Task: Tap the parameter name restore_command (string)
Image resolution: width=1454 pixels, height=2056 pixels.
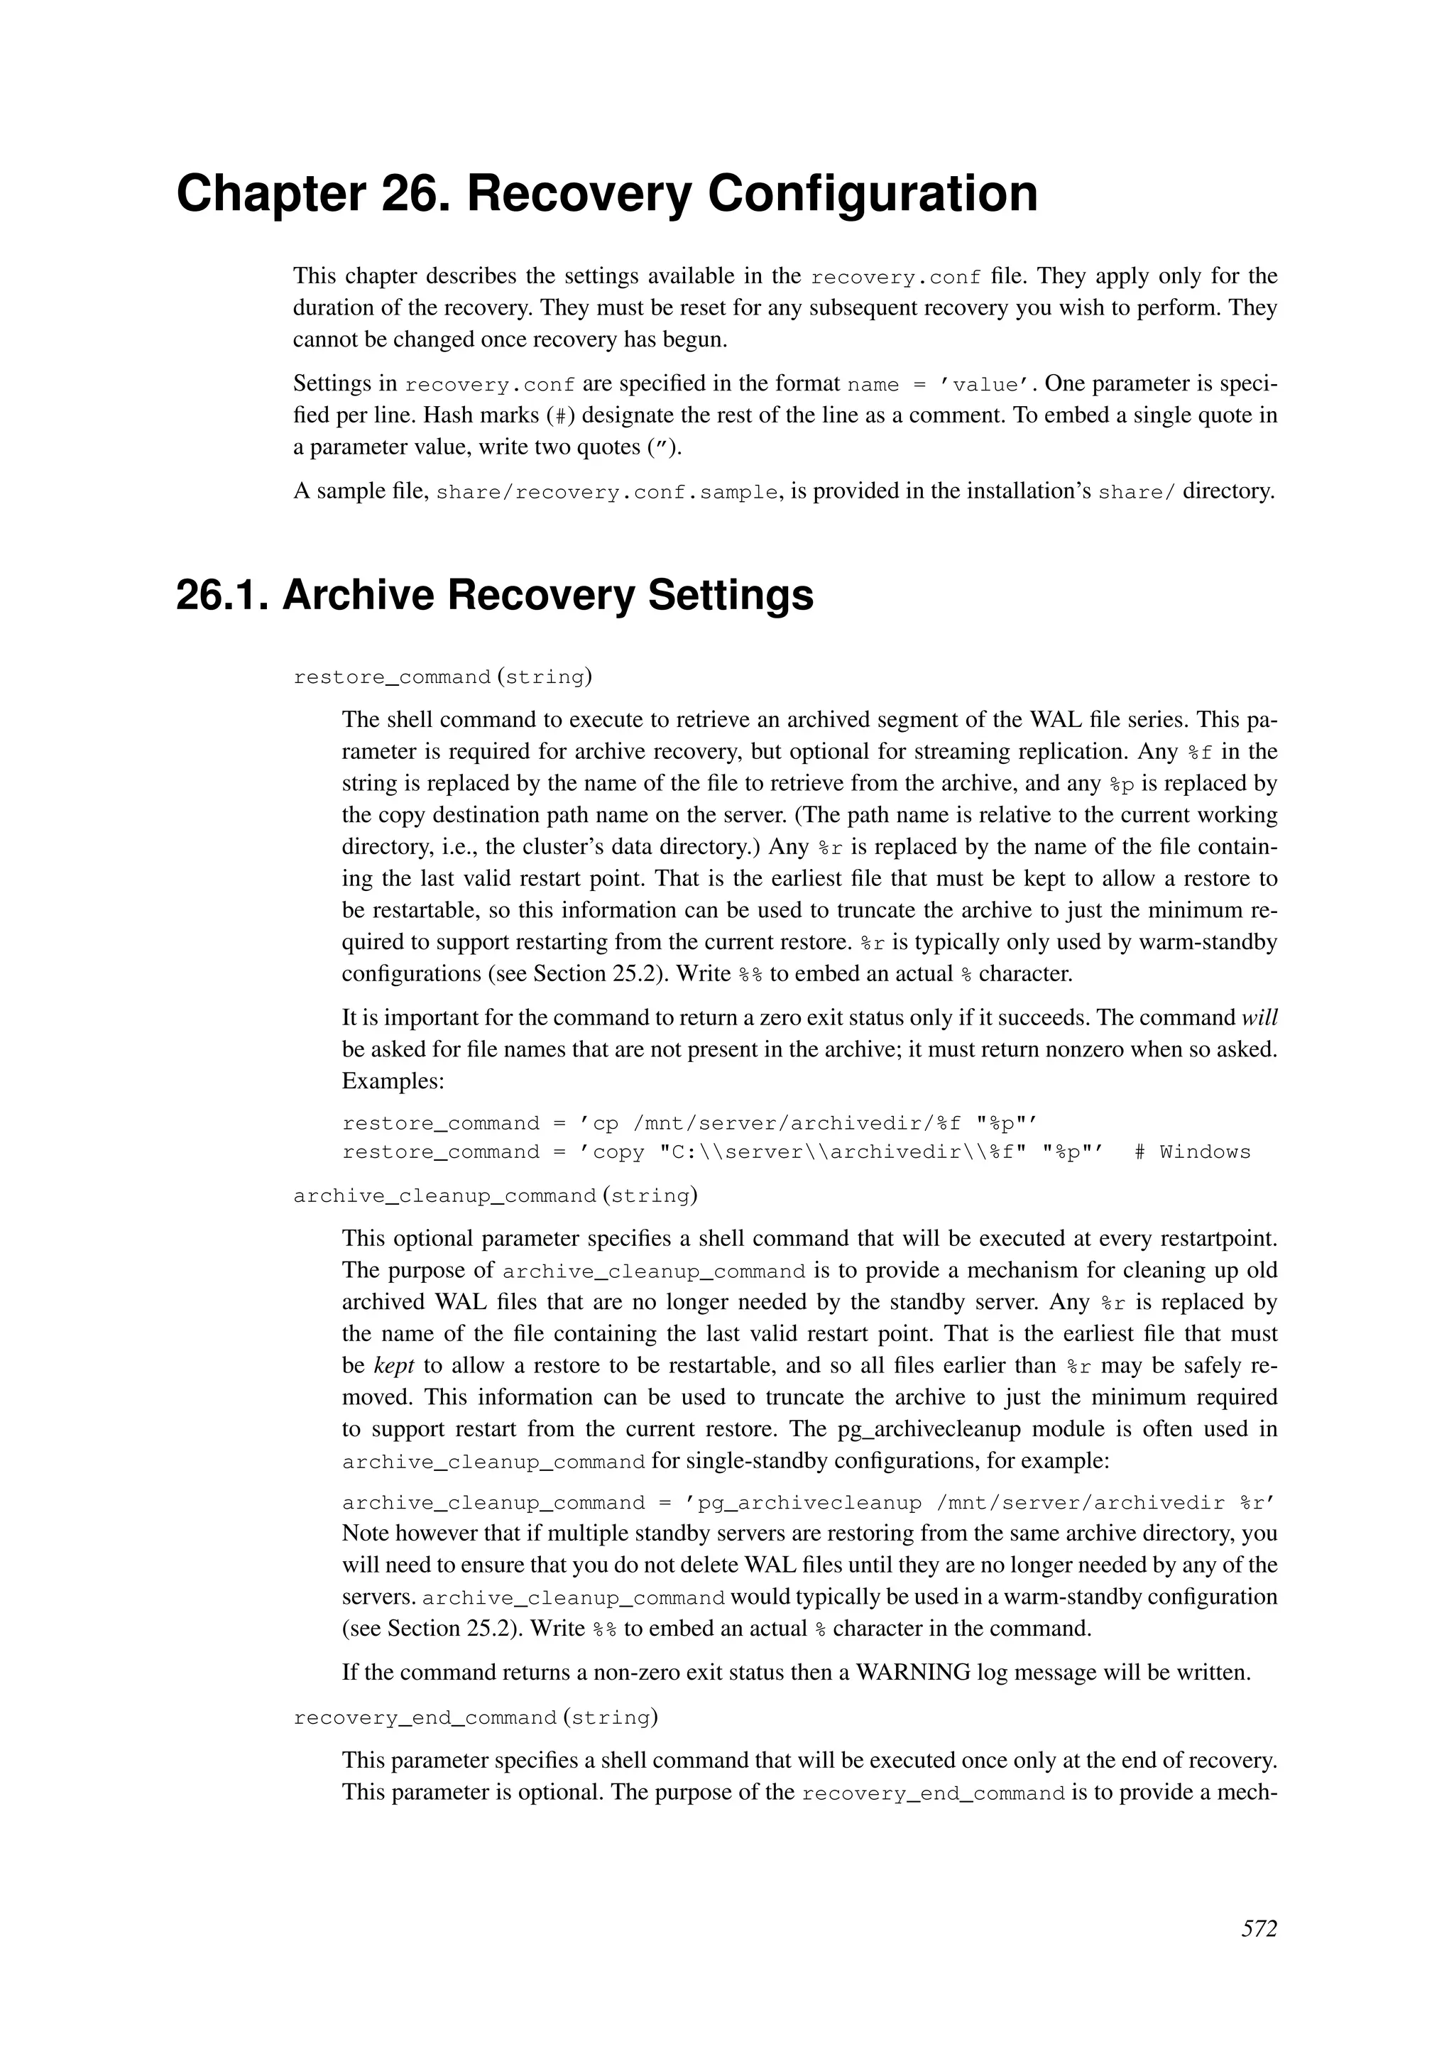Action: click(442, 677)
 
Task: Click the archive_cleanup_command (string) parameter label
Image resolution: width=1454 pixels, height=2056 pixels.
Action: click(495, 1196)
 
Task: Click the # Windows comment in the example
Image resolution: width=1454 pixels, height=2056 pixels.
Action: click(1192, 1152)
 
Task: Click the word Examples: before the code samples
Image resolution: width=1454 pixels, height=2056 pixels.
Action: click(393, 1081)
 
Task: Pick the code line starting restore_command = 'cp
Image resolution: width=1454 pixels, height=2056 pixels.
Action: click(689, 1124)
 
